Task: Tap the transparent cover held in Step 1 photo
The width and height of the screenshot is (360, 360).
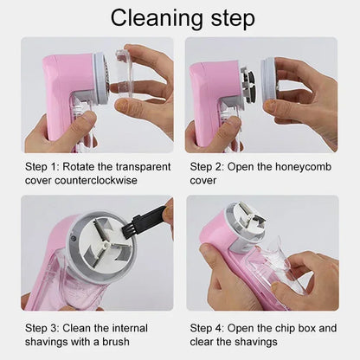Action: pyautogui.click(x=125, y=74)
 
